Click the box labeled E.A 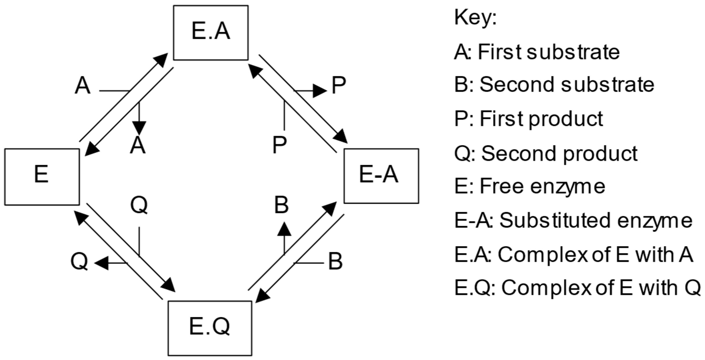pos(211,33)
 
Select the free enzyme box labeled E pos(42,177)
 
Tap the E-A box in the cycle pos(381,176)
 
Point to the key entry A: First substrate pos(537,52)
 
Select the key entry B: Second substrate pos(554,85)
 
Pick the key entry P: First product pos(529,119)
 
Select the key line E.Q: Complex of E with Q pos(577,288)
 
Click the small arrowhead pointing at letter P pos(320,91)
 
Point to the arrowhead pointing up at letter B pos(284,228)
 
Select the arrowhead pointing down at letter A pos(139,128)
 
